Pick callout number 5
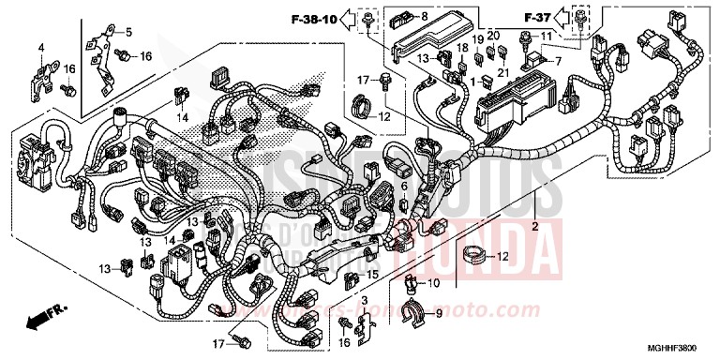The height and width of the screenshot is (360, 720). click(129, 32)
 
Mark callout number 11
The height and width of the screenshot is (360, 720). click(542, 36)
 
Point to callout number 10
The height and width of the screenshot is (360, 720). click(434, 283)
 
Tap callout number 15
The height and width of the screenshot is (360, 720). click(373, 276)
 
